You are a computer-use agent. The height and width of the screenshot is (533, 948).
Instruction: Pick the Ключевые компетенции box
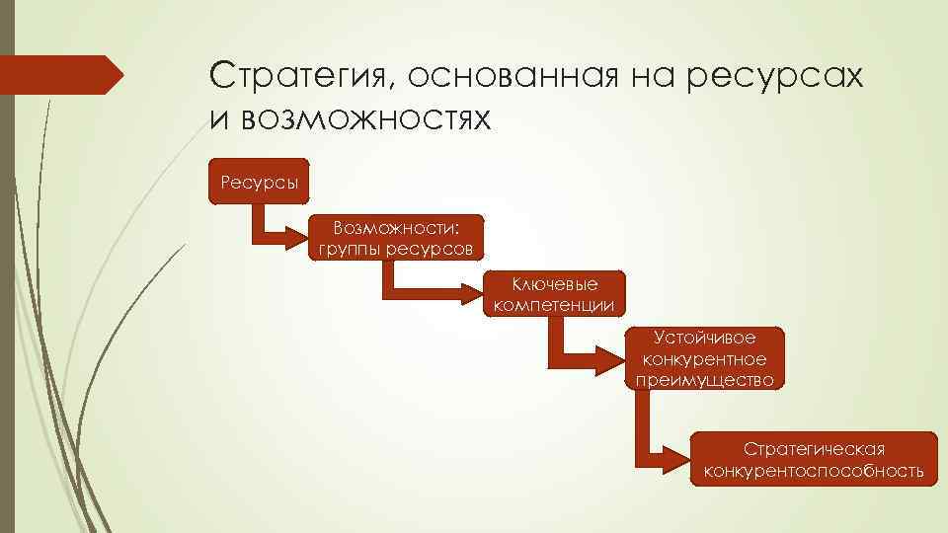coord(554,294)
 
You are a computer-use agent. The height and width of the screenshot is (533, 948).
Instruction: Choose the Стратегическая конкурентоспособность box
coord(814,459)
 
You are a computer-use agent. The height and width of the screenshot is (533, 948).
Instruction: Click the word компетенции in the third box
coord(554,305)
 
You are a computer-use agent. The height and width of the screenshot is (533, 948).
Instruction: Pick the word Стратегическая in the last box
coord(814,449)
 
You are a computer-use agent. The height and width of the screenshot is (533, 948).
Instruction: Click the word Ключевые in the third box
coord(554,284)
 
